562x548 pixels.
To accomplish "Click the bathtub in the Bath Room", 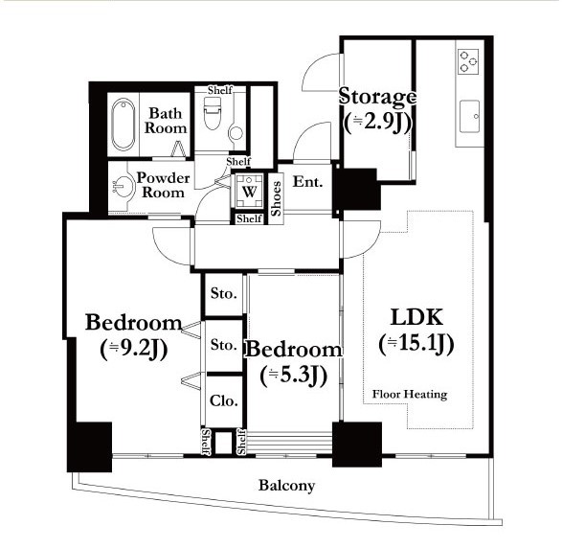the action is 124,125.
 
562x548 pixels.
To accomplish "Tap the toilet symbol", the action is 212,113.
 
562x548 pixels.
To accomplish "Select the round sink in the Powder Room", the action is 120,187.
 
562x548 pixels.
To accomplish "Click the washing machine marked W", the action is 249,191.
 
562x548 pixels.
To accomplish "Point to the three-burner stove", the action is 468,61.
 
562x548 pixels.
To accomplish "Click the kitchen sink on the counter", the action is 470,116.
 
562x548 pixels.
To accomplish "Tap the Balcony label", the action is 286,486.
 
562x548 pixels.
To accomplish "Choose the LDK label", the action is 416,317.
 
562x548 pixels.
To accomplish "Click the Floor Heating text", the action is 410,394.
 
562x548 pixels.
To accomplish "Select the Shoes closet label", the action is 276,198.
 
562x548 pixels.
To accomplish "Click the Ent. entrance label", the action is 308,182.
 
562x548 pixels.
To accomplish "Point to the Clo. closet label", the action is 224,400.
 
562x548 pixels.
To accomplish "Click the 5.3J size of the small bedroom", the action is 294,376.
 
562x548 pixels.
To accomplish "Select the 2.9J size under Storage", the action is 377,123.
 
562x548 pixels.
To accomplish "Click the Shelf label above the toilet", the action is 220,90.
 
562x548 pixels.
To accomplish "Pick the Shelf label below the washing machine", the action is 249,218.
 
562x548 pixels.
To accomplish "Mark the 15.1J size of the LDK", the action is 416,344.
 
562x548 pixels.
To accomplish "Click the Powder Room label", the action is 163,185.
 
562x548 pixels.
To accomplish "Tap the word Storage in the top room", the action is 377,97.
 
